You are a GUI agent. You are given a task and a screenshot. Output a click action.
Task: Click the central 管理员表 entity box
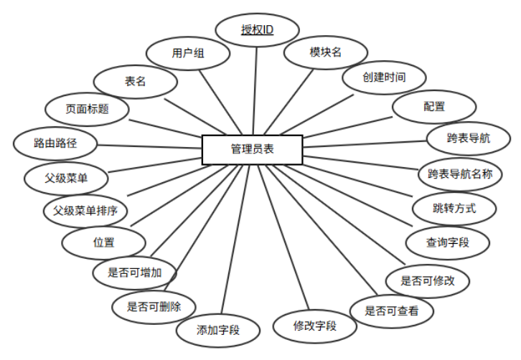coord(252,150)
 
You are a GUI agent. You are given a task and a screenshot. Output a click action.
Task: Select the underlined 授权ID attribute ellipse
coord(258,32)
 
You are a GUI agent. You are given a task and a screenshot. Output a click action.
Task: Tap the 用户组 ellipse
coord(189,53)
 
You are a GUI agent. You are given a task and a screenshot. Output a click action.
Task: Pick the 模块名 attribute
coord(326,52)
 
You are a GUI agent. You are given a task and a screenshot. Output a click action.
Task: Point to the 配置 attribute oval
coord(433,107)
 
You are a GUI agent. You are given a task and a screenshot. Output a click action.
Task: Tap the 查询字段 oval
coord(447,242)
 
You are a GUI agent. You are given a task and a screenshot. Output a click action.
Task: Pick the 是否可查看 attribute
coord(388,311)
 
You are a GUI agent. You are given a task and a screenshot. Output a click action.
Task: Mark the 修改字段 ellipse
coord(315,326)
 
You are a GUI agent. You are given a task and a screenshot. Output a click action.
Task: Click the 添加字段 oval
coord(218,330)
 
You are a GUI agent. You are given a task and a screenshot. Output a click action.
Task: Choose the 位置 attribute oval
coord(104,242)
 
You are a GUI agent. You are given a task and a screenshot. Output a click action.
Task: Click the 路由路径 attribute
coord(55,143)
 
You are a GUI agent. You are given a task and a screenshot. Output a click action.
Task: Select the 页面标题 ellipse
coord(87,110)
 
